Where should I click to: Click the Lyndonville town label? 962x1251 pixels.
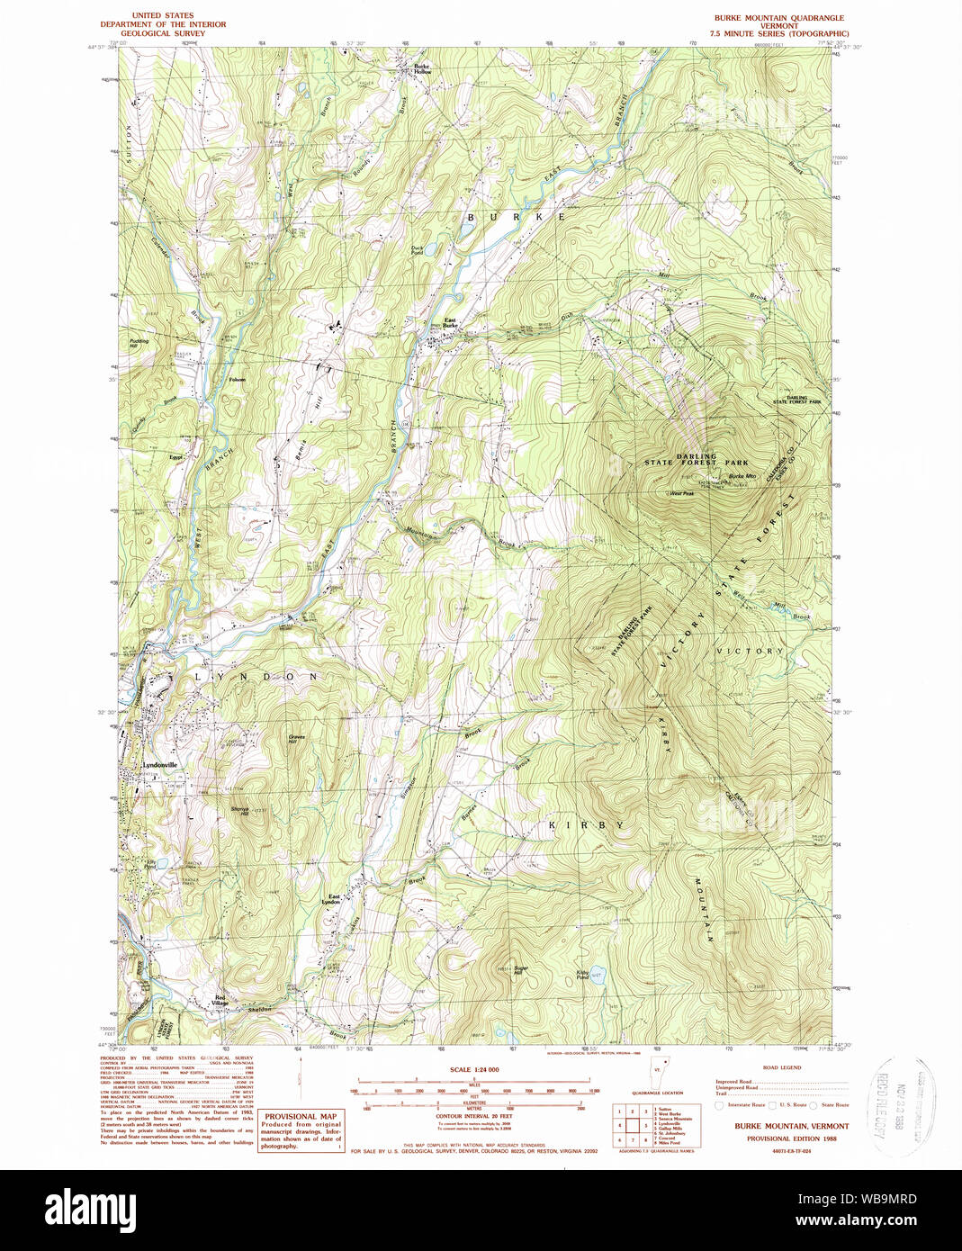tap(160, 765)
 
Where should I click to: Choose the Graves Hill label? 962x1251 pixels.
tap(297, 739)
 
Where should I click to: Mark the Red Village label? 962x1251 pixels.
tap(220, 1001)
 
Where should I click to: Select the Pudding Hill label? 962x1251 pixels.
tap(139, 343)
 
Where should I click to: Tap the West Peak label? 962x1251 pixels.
tap(681, 493)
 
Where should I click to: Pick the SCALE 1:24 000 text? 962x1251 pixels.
tap(474, 1069)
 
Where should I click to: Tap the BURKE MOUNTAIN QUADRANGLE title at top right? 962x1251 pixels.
tap(779, 18)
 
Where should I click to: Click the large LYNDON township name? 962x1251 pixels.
tap(256, 676)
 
